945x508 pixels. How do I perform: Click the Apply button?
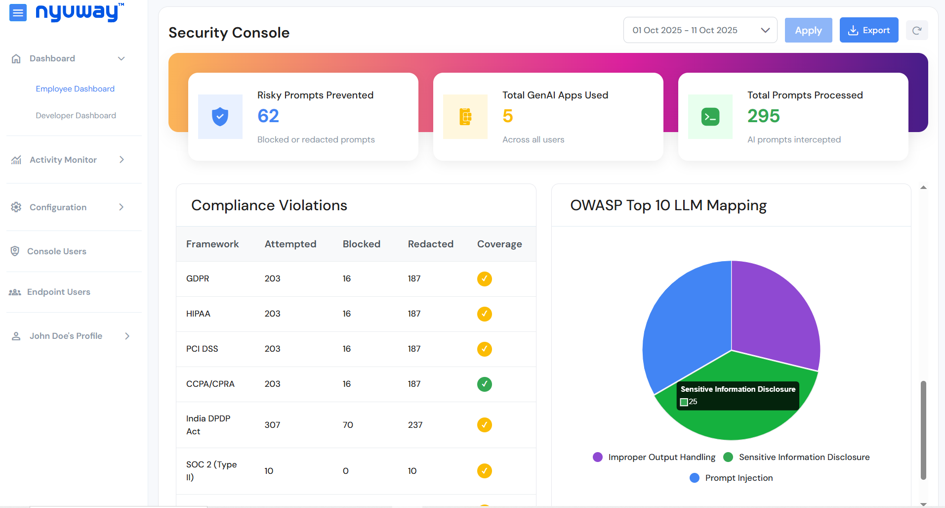click(808, 30)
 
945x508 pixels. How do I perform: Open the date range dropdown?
click(700, 30)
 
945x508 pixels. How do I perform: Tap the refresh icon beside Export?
click(917, 31)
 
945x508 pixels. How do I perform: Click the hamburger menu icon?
click(18, 13)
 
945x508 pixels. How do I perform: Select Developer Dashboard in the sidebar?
click(76, 115)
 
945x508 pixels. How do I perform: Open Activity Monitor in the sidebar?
click(63, 160)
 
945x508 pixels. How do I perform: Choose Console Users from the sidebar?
click(56, 251)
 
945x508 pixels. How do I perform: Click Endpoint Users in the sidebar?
click(58, 292)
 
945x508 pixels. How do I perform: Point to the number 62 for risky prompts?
click(268, 116)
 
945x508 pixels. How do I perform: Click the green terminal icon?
click(710, 117)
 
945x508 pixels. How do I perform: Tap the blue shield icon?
click(220, 117)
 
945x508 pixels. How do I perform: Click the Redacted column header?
click(430, 244)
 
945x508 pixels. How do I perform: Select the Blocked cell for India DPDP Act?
click(348, 425)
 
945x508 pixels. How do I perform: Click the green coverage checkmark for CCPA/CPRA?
click(484, 384)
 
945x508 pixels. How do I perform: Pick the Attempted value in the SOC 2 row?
click(269, 471)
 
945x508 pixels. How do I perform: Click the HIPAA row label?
click(198, 314)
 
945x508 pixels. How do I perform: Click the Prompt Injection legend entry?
click(731, 478)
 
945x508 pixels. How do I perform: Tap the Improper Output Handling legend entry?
click(654, 457)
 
